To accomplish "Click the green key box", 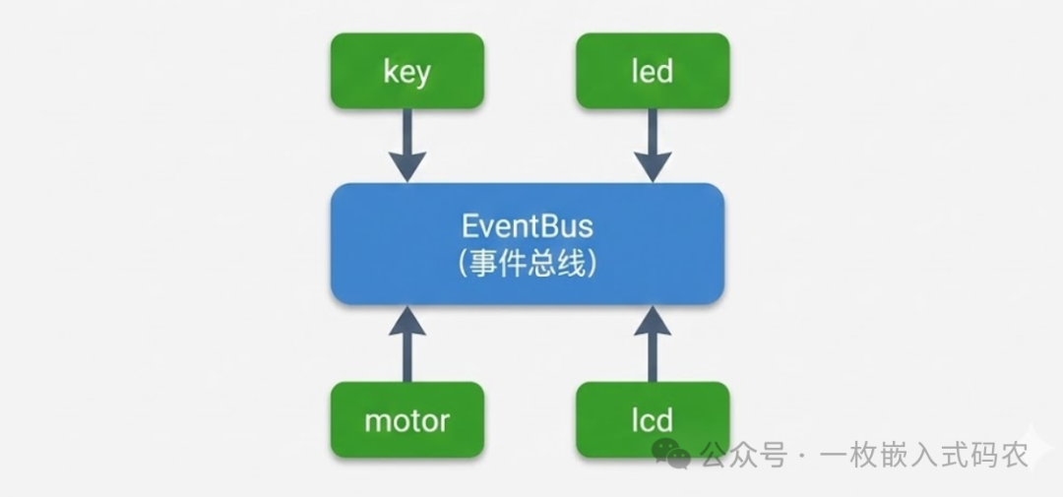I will point(406,71).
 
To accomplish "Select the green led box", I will point(653,71).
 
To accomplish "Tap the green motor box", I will point(406,420).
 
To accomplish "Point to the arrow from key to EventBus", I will point(406,145).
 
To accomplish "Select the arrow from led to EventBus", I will point(653,145).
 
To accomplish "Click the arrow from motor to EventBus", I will point(406,344).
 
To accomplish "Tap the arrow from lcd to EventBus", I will point(653,344).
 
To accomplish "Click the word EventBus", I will point(528,226).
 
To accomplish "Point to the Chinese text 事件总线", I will point(528,263).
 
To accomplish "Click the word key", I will point(406,72).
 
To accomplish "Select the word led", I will point(653,71).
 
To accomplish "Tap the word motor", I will point(406,421).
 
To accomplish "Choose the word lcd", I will point(653,421).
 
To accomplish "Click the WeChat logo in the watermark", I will point(672,454).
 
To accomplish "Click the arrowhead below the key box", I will point(406,164).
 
